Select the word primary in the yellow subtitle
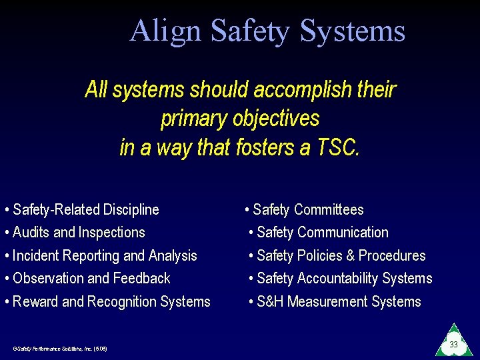pyautogui.click(x=194, y=119)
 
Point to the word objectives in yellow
pyautogui.click(x=276, y=119)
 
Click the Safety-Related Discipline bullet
pyautogui.click(x=85, y=210)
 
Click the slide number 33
pyautogui.click(x=453, y=345)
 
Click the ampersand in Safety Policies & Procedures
pyautogui.click(x=351, y=256)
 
